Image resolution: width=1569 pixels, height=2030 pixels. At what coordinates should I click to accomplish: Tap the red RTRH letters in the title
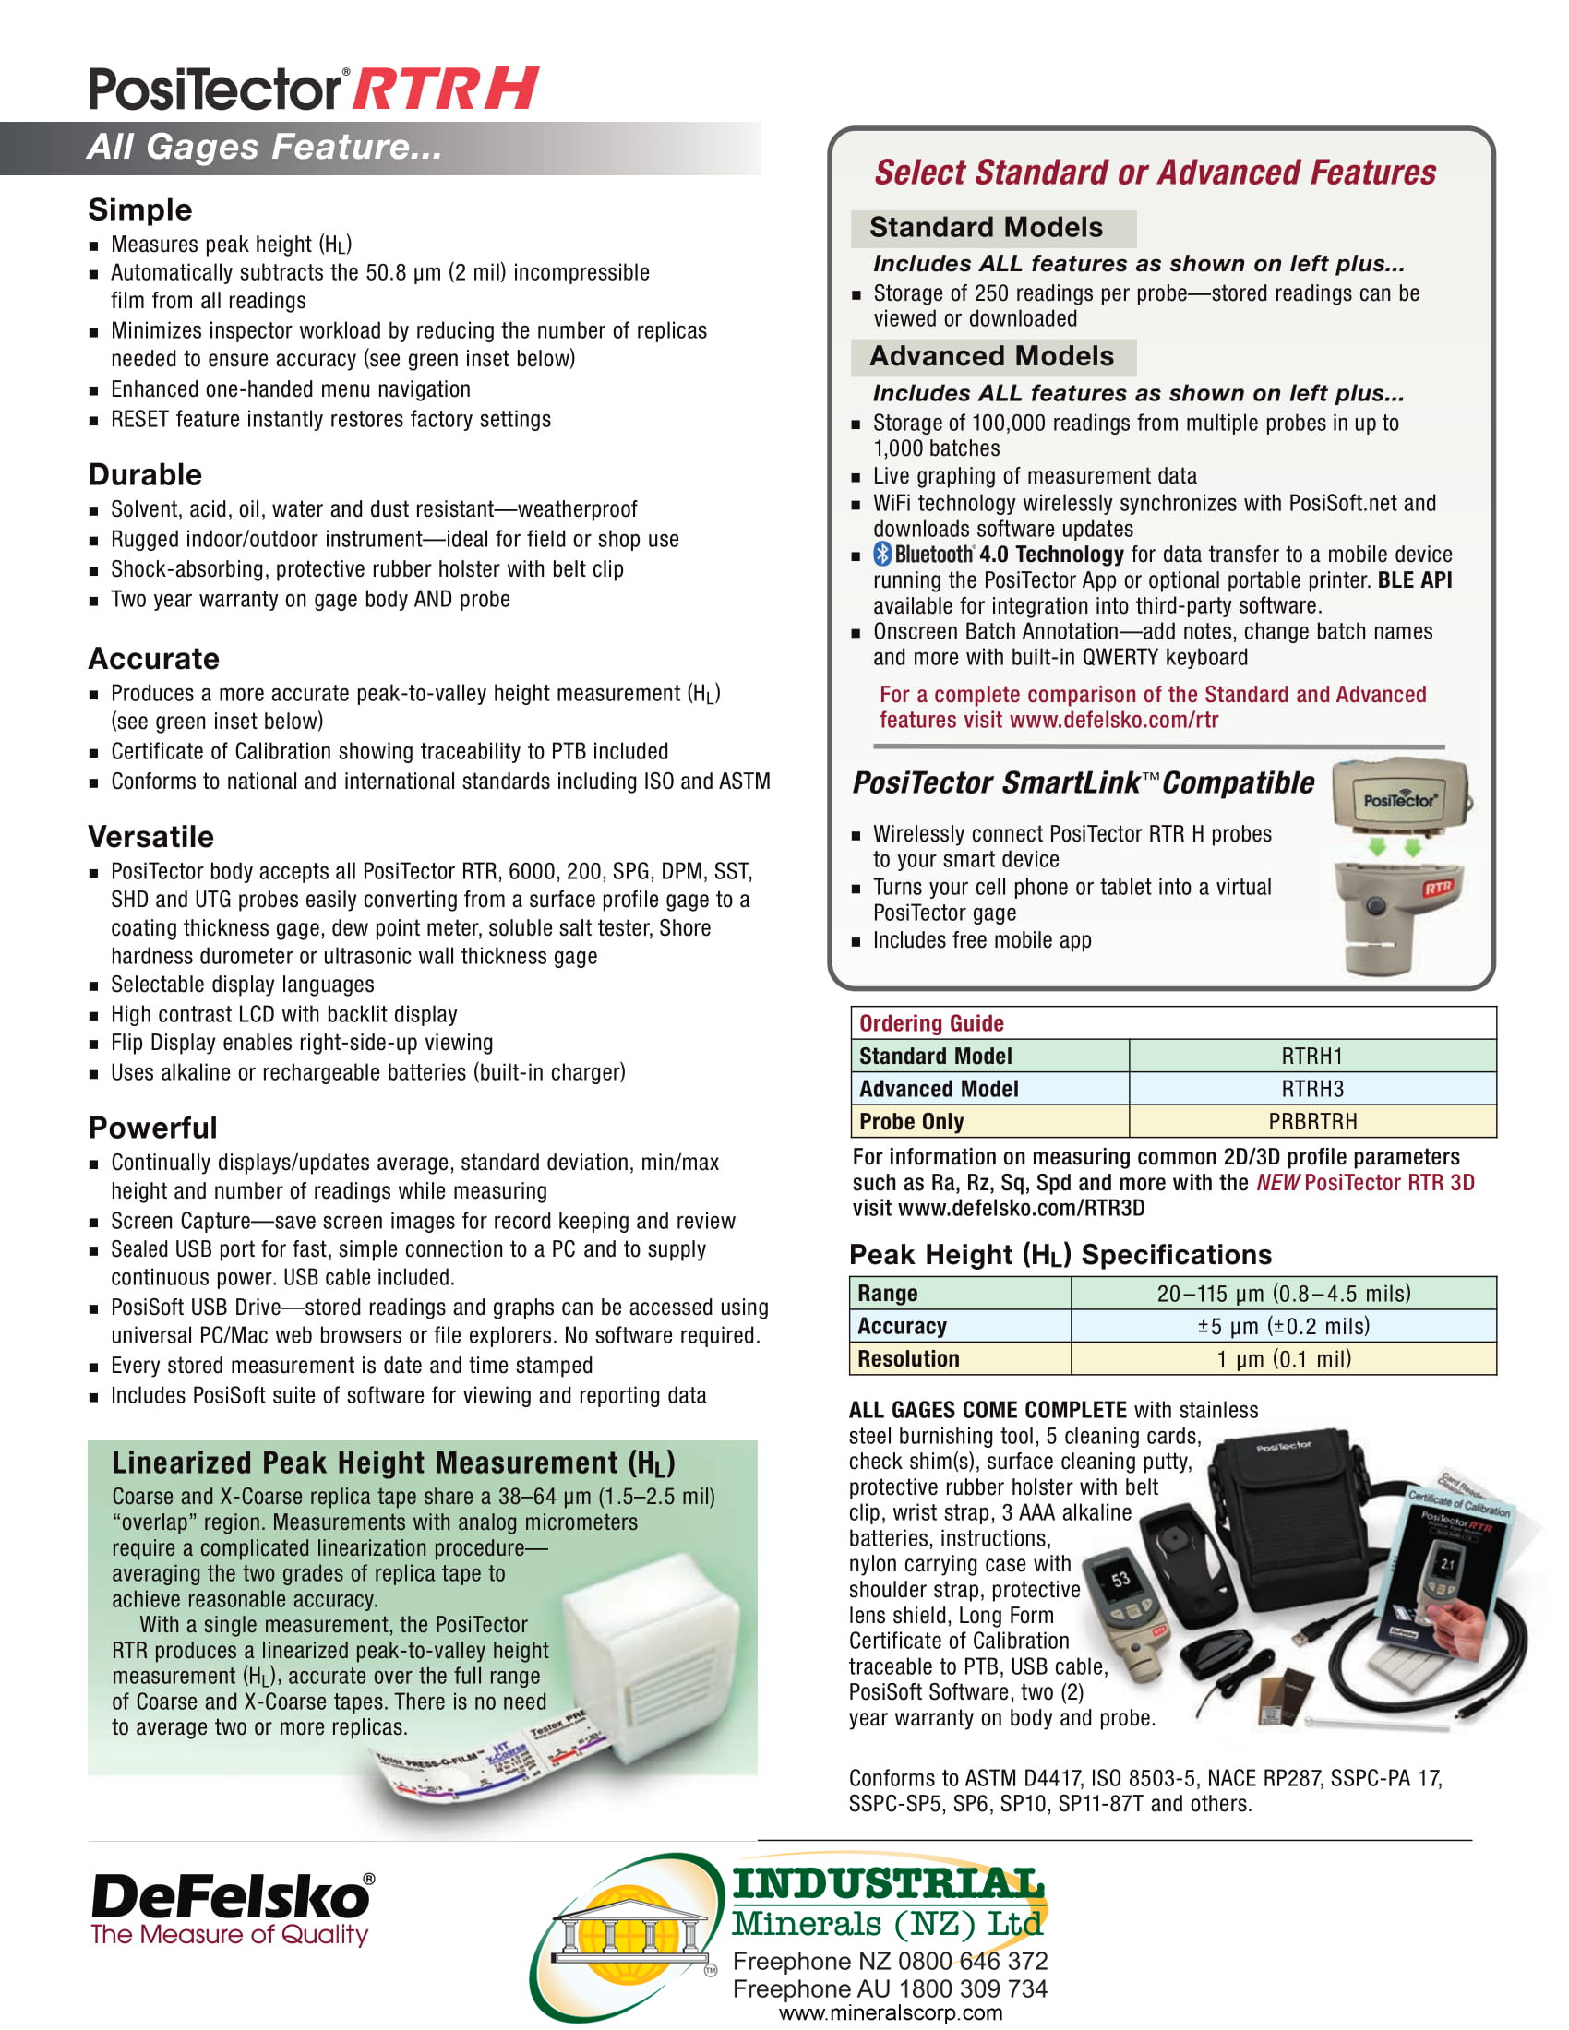click(x=445, y=90)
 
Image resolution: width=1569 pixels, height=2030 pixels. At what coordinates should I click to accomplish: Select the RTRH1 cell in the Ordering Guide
click(x=1311, y=1056)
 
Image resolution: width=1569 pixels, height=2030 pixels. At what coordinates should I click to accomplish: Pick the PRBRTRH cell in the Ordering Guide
click(x=1311, y=1121)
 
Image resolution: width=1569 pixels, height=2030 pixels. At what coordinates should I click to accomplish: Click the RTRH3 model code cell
click(x=1311, y=1089)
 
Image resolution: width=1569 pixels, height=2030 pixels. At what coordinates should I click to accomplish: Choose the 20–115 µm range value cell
click(x=1283, y=1293)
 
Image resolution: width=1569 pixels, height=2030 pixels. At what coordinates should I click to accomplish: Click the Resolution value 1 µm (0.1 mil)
click(x=1283, y=1359)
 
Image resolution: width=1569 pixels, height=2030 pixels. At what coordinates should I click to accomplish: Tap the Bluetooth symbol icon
click(x=882, y=554)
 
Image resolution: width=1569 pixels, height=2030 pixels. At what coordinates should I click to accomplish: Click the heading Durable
click(x=145, y=474)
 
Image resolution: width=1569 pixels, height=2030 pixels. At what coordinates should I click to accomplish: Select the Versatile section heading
click(x=150, y=837)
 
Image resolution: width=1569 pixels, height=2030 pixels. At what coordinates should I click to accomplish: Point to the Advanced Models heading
click(x=991, y=356)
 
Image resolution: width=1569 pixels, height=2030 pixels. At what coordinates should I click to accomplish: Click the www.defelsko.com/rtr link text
click(x=1113, y=720)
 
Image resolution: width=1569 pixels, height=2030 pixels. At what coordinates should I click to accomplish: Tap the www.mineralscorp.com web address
click(x=890, y=2013)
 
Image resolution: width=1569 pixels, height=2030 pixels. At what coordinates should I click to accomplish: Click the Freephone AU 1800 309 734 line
click(x=890, y=1988)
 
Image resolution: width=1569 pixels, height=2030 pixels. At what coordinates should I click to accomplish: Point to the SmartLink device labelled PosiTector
click(x=1400, y=796)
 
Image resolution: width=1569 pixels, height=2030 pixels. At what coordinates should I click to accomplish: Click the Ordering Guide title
click(x=931, y=1023)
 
